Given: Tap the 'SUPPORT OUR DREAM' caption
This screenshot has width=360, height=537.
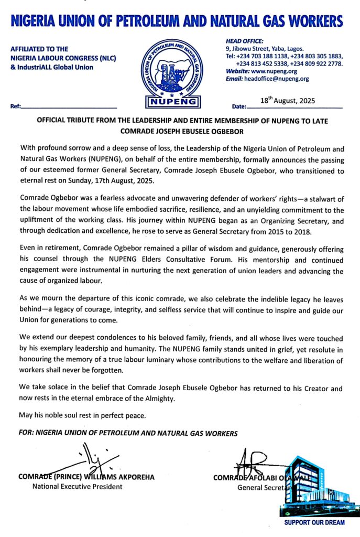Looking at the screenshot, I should [314, 522].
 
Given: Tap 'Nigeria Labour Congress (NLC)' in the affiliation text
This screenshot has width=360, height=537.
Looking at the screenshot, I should [63, 58].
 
